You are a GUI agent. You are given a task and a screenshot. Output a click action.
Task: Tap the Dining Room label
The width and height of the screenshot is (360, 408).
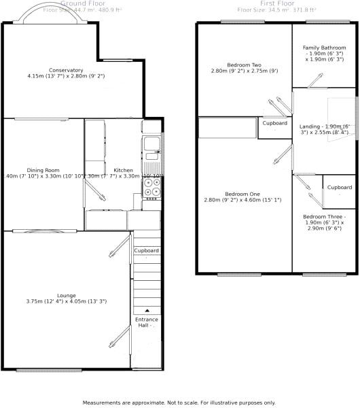click(x=43, y=170)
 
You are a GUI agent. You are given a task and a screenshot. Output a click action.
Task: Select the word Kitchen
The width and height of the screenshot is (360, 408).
click(x=123, y=170)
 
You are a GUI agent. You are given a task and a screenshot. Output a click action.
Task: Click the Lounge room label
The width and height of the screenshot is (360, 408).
click(x=66, y=295)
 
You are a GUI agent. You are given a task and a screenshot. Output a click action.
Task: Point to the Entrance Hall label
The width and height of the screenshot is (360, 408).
click(x=146, y=322)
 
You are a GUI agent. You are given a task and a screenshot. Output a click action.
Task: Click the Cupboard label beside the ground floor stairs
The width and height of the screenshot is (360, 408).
click(x=146, y=251)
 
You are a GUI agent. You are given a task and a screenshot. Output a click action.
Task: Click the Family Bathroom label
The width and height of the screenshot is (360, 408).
click(x=324, y=48)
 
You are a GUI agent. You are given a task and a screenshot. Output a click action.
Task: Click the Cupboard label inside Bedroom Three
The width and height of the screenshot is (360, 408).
click(x=340, y=188)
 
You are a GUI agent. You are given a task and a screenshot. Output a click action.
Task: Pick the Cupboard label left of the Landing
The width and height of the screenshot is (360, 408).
click(x=274, y=123)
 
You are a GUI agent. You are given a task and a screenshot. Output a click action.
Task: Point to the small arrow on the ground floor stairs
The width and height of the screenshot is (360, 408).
click(x=146, y=310)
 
